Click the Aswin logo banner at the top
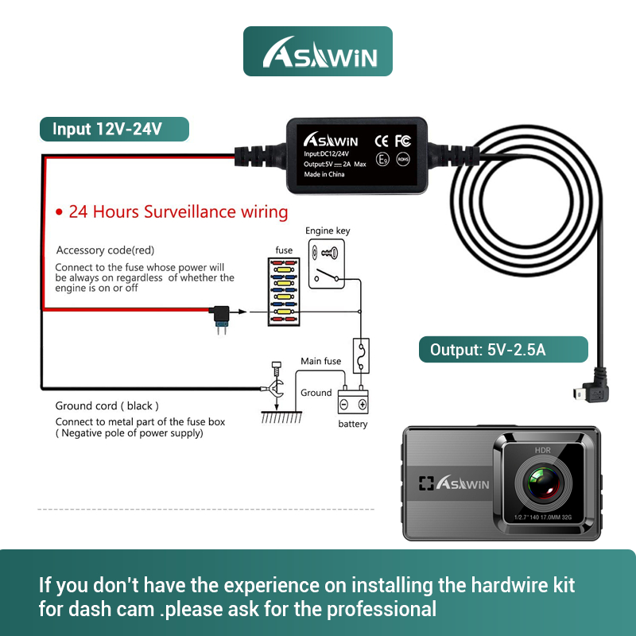(x=317, y=52)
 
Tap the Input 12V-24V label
(x=114, y=129)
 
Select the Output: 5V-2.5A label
(x=503, y=349)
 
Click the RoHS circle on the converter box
(x=403, y=161)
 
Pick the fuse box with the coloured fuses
(x=284, y=291)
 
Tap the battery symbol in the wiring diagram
(x=353, y=401)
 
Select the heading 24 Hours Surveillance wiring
(x=172, y=212)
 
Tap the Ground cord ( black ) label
(x=107, y=406)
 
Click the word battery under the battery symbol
(x=353, y=424)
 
